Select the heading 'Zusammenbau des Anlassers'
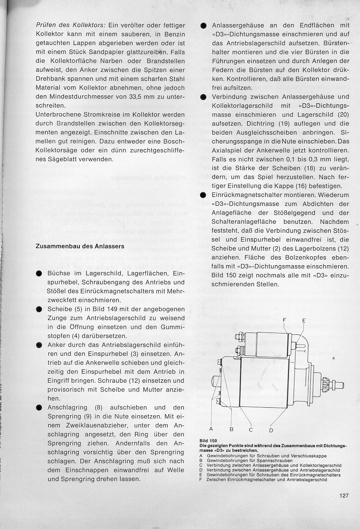[x=80, y=246]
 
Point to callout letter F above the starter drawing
[x=285, y=321]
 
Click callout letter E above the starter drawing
[x=303, y=321]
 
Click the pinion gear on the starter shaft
[x=326, y=384]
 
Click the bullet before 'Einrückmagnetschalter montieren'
[x=203, y=195]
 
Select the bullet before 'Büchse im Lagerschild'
[x=39, y=274]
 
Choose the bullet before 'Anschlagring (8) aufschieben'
[x=39, y=407]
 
